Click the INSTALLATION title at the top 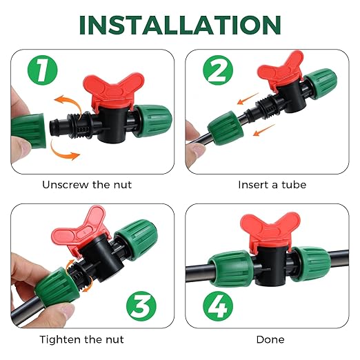[x=180, y=24]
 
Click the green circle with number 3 [x=141, y=304]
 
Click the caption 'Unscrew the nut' [x=87, y=185]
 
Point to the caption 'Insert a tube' [x=272, y=185]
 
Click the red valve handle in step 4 [x=263, y=230]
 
